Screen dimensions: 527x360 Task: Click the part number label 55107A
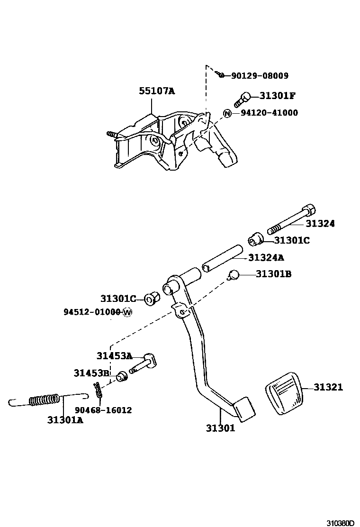[x=156, y=91]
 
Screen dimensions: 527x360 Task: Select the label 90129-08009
[x=260, y=75]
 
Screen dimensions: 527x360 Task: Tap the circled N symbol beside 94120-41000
[x=227, y=113]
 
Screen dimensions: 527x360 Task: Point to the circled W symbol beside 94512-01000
[x=127, y=312]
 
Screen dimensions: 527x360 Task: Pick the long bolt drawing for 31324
[x=291, y=220]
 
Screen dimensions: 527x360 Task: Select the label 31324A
[x=266, y=257]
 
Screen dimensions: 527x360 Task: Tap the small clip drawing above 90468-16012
[x=98, y=390]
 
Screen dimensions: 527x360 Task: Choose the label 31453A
[x=114, y=356]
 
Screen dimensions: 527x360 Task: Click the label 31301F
[x=278, y=96]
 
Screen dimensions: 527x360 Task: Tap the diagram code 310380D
[x=340, y=523]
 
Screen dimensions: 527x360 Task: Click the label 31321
[x=328, y=387]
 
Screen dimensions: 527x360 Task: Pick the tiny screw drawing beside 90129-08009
[x=220, y=74]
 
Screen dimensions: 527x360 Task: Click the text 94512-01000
[x=92, y=312]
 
